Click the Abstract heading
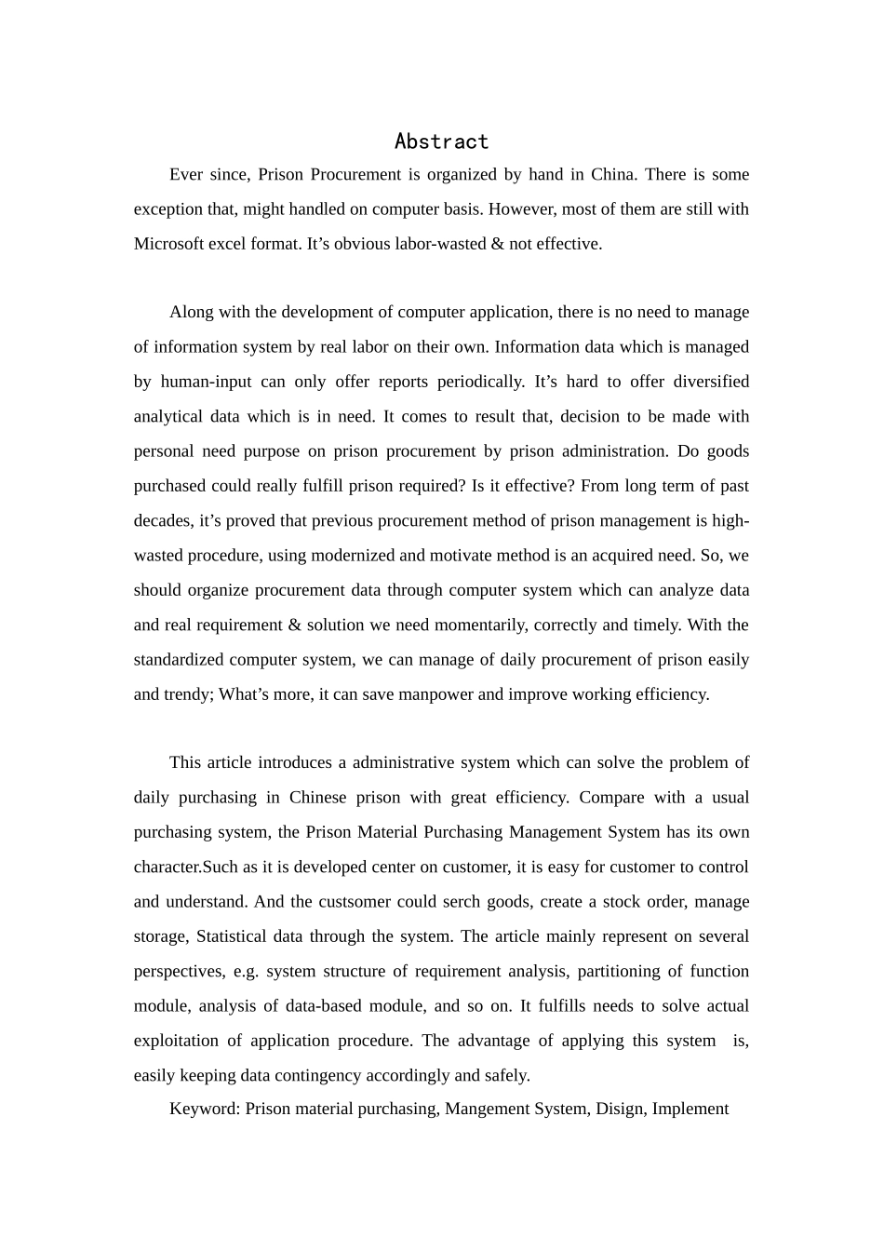pos(441,141)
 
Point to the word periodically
pos(477,382)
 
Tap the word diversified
pos(707,382)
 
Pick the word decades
pos(161,520)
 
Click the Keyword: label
pos(205,1109)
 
